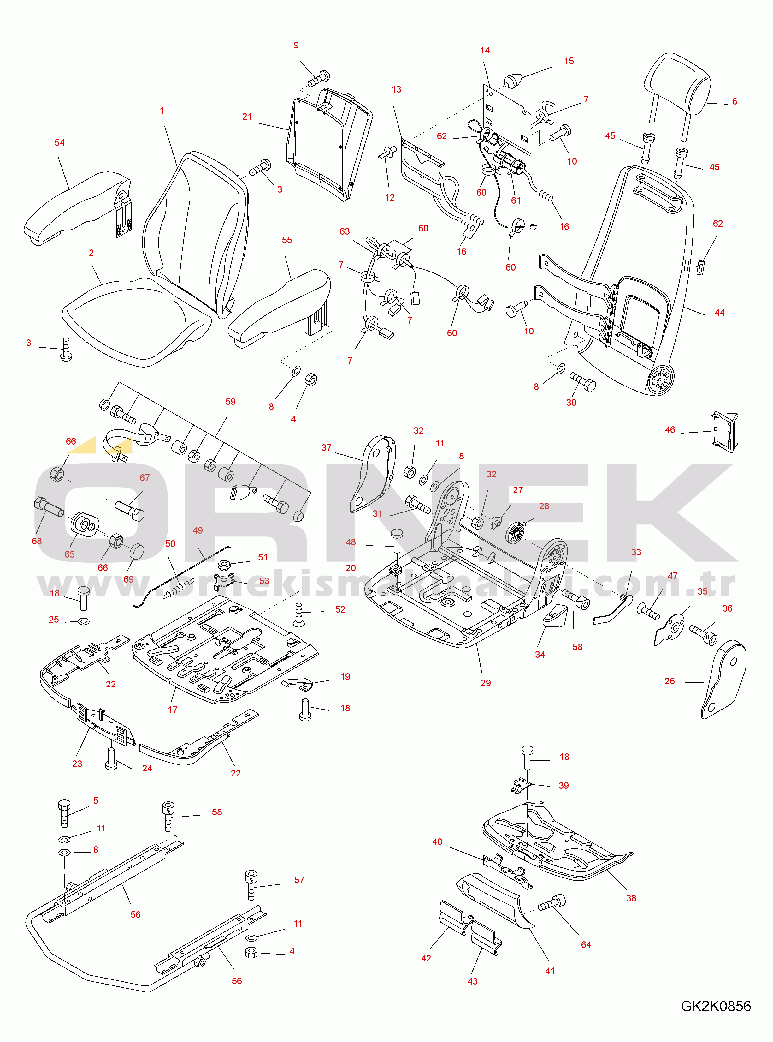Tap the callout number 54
[x=59, y=142]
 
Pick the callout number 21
[x=247, y=117]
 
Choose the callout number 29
[x=486, y=683]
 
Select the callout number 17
[x=173, y=710]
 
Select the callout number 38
[x=631, y=898]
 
